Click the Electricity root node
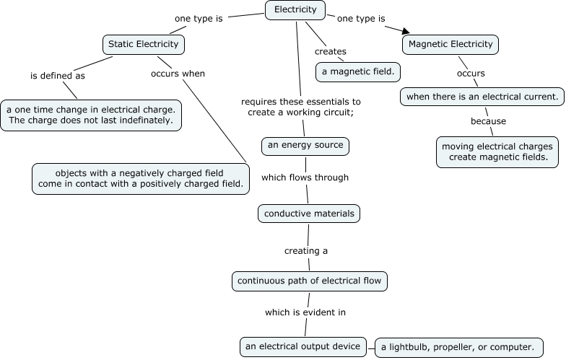tap(295, 10)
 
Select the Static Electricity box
tap(143, 45)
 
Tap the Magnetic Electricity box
tap(450, 45)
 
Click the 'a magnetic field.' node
tap(358, 71)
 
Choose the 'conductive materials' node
tap(309, 214)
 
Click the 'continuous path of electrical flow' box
tap(310, 281)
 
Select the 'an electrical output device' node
tap(302, 347)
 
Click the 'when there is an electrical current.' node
tap(482, 96)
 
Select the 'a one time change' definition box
tap(90, 115)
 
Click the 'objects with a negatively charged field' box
tap(141, 178)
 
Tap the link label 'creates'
tap(330, 52)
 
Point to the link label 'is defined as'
tap(57, 75)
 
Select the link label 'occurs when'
tap(178, 74)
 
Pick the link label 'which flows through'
tap(305, 177)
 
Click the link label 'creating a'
tap(305, 251)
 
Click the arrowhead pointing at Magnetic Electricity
tap(404, 30)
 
